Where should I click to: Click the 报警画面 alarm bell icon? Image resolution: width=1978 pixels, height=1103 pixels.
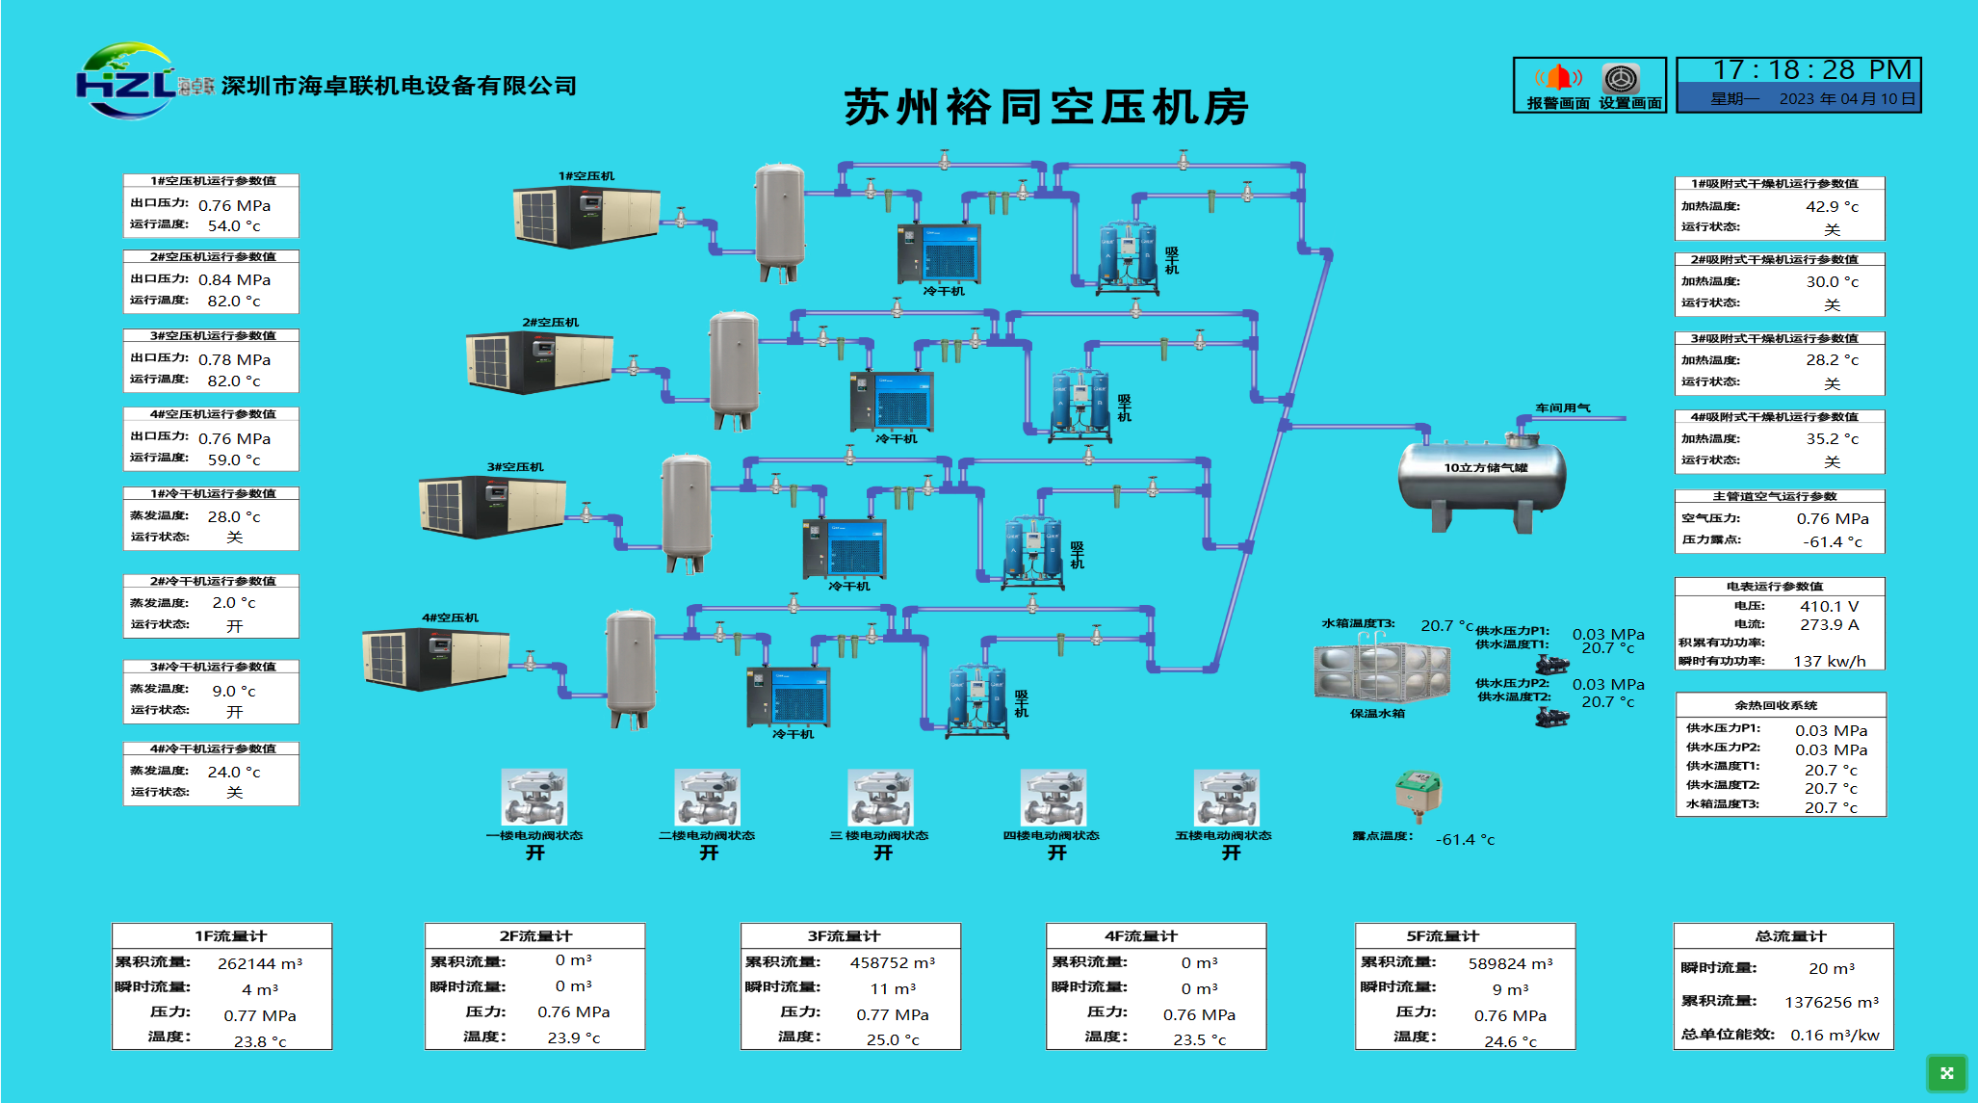1557,77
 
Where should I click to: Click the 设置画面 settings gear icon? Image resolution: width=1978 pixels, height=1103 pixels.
1622,77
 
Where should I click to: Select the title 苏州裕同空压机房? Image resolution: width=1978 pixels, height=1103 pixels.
1046,107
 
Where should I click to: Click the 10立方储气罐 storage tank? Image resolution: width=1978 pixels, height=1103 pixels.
1482,478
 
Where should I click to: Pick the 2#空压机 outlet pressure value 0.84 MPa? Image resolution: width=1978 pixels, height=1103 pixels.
234,280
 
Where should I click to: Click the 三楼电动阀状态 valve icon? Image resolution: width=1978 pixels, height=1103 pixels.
880,798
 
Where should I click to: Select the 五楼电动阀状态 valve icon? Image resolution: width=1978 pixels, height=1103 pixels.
1226,798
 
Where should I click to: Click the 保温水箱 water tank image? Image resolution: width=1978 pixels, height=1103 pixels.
1382,671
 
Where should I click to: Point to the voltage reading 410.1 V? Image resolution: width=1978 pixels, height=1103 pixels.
1829,607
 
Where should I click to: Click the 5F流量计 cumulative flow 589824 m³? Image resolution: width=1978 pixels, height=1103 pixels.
1510,963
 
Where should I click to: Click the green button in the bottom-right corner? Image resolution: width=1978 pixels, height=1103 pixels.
1946,1073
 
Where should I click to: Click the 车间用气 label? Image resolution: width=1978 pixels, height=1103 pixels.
1562,408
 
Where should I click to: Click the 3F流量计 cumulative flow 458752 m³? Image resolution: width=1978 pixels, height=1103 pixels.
892,963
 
